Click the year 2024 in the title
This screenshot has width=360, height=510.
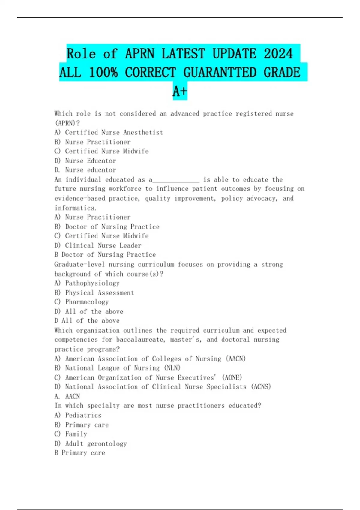[x=278, y=54]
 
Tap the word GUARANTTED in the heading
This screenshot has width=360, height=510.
[x=220, y=72]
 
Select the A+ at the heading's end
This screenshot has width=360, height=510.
[x=180, y=91]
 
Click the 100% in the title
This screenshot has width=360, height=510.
[x=103, y=72]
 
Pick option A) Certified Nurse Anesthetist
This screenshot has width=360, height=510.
[x=109, y=132]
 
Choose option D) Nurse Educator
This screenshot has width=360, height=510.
[x=85, y=160]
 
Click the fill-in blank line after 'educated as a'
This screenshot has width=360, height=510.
[x=176, y=180]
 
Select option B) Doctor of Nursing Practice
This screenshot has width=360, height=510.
[x=107, y=227]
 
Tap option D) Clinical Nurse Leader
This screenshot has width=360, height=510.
[x=98, y=245]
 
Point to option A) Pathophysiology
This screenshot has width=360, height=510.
[x=87, y=283]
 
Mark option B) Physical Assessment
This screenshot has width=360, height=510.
[x=94, y=292]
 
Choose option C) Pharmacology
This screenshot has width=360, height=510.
[x=82, y=302]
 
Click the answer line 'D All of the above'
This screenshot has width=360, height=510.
[x=87, y=321]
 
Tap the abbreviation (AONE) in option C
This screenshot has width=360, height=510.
[x=232, y=377]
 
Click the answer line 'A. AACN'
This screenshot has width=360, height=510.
[x=67, y=396]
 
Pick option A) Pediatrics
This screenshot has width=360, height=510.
[x=78, y=415]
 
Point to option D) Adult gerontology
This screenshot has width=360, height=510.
[x=91, y=443]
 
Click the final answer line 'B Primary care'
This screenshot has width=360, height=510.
[x=80, y=453]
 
